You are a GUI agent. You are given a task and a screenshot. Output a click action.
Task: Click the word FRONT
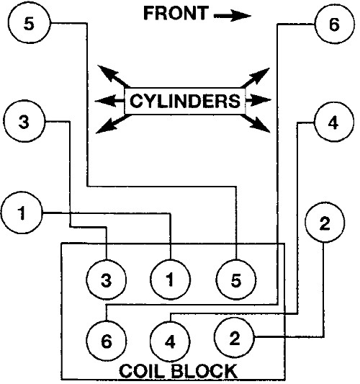(176, 13)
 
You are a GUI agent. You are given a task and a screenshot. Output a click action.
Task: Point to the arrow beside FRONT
(233, 16)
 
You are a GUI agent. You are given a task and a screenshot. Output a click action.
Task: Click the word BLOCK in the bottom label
(204, 371)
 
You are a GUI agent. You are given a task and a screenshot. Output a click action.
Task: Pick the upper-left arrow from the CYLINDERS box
(113, 76)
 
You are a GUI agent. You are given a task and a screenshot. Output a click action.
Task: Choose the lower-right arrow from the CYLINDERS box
(256, 124)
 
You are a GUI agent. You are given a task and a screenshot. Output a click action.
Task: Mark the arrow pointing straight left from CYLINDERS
(109, 101)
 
